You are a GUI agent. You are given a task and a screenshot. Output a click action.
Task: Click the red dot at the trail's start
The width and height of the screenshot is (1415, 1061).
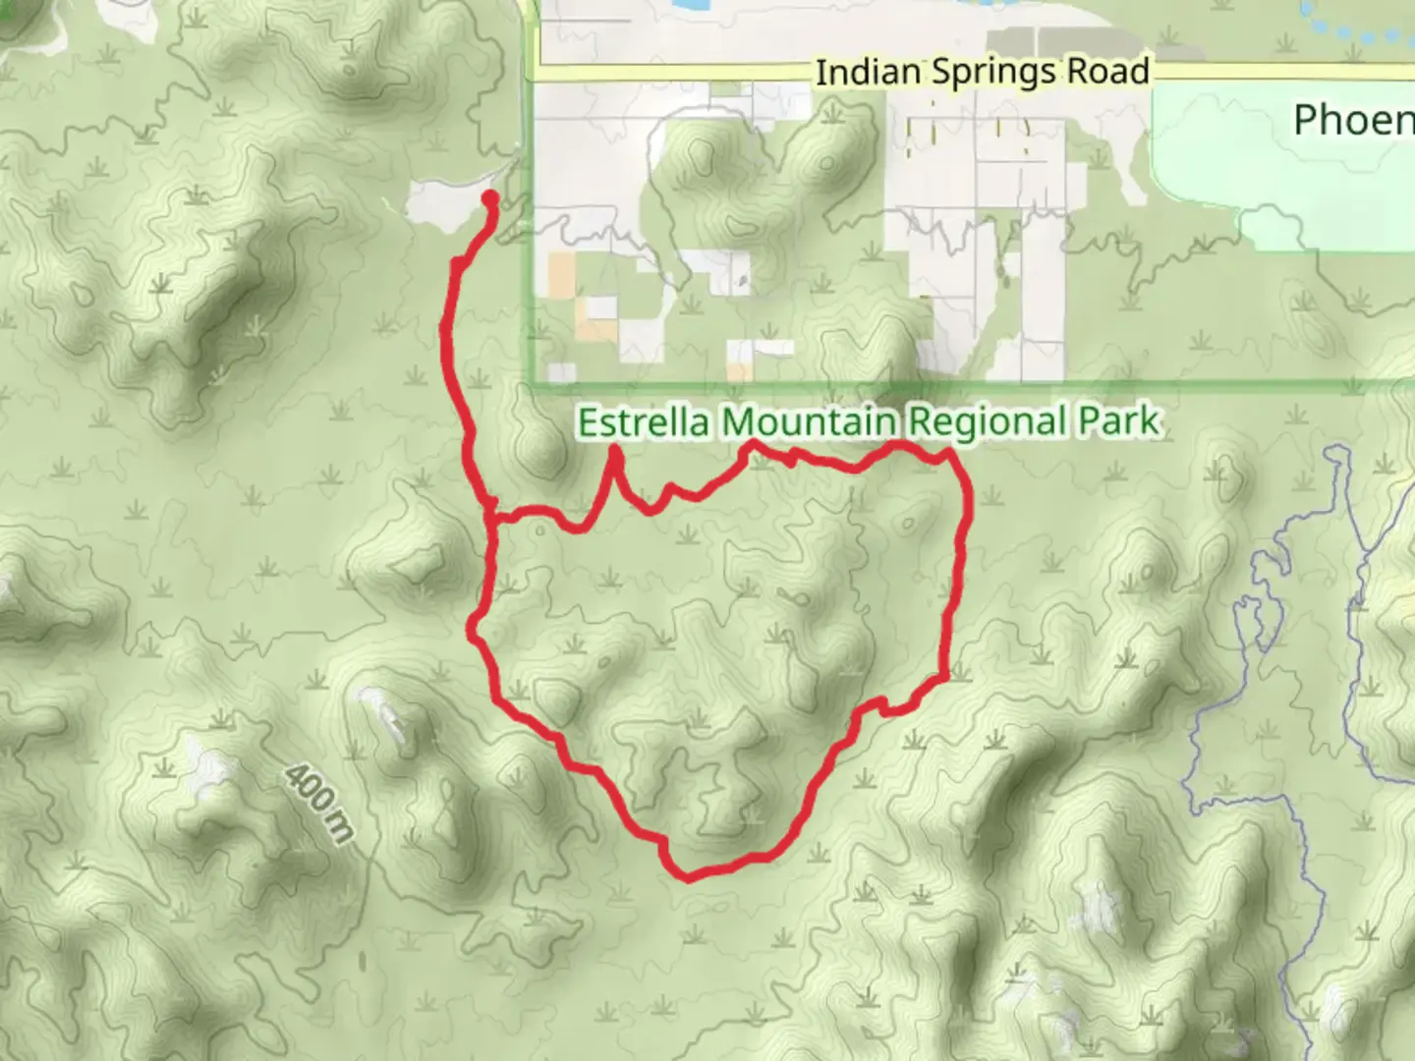[488, 200]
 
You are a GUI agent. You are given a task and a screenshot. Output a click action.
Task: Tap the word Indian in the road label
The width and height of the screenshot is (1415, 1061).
[868, 72]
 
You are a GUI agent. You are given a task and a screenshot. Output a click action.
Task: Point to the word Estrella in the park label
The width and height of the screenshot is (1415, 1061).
[644, 422]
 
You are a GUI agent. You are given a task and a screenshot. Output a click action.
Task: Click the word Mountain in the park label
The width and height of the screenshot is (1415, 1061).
[808, 422]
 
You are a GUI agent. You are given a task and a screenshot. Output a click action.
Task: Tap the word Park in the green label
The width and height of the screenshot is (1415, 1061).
[1119, 422]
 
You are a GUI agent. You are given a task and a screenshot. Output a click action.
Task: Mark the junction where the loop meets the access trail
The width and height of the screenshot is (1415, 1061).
[491, 513]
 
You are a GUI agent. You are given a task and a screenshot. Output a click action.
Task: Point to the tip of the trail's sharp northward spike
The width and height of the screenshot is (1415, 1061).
[614, 451]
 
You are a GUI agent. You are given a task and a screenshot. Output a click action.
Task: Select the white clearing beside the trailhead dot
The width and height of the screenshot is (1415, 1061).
[442, 204]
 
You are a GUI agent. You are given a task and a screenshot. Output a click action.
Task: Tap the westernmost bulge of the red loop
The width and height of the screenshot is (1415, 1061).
[472, 629]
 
